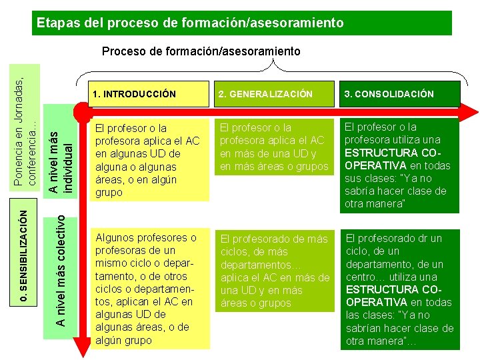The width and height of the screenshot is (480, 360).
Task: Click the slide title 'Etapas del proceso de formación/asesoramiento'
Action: (190, 23)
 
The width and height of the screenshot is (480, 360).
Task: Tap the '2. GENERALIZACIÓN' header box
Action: (274, 94)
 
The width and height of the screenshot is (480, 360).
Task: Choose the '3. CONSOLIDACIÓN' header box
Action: (399, 94)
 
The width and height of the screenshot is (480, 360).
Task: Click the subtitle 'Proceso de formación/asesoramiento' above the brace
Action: (201, 51)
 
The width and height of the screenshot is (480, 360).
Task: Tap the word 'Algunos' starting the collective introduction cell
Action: (116, 238)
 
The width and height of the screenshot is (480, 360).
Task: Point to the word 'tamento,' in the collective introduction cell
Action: (117, 276)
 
